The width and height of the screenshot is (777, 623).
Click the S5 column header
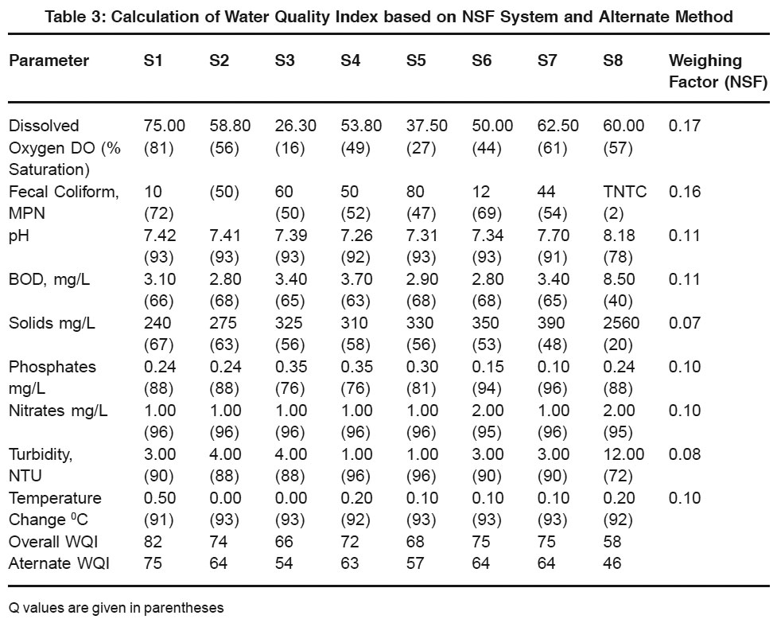click(x=416, y=60)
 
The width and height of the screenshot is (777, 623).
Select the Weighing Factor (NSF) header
click(x=718, y=71)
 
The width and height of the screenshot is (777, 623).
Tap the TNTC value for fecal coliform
click(x=625, y=191)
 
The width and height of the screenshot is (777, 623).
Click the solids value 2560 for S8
click(x=621, y=323)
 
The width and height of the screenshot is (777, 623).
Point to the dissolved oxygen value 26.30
click(x=295, y=126)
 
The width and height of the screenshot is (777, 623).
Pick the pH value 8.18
click(x=619, y=235)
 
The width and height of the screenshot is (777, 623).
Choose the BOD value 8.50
click(x=619, y=279)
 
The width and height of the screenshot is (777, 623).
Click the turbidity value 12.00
click(x=624, y=454)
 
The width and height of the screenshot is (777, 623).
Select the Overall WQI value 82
click(x=153, y=541)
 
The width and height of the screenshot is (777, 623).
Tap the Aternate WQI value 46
click(x=612, y=563)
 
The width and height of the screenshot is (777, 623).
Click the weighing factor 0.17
click(x=684, y=126)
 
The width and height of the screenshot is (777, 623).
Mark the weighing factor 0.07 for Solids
click(x=684, y=323)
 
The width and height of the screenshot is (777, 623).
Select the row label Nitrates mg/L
click(x=58, y=411)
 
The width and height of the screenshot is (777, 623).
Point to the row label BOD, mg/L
click(x=49, y=279)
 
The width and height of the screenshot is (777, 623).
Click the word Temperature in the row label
click(x=55, y=497)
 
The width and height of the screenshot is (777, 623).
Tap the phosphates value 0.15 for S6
click(x=488, y=366)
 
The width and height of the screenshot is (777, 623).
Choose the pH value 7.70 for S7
click(x=554, y=235)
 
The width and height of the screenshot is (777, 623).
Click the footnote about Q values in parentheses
click(x=116, y=608)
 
